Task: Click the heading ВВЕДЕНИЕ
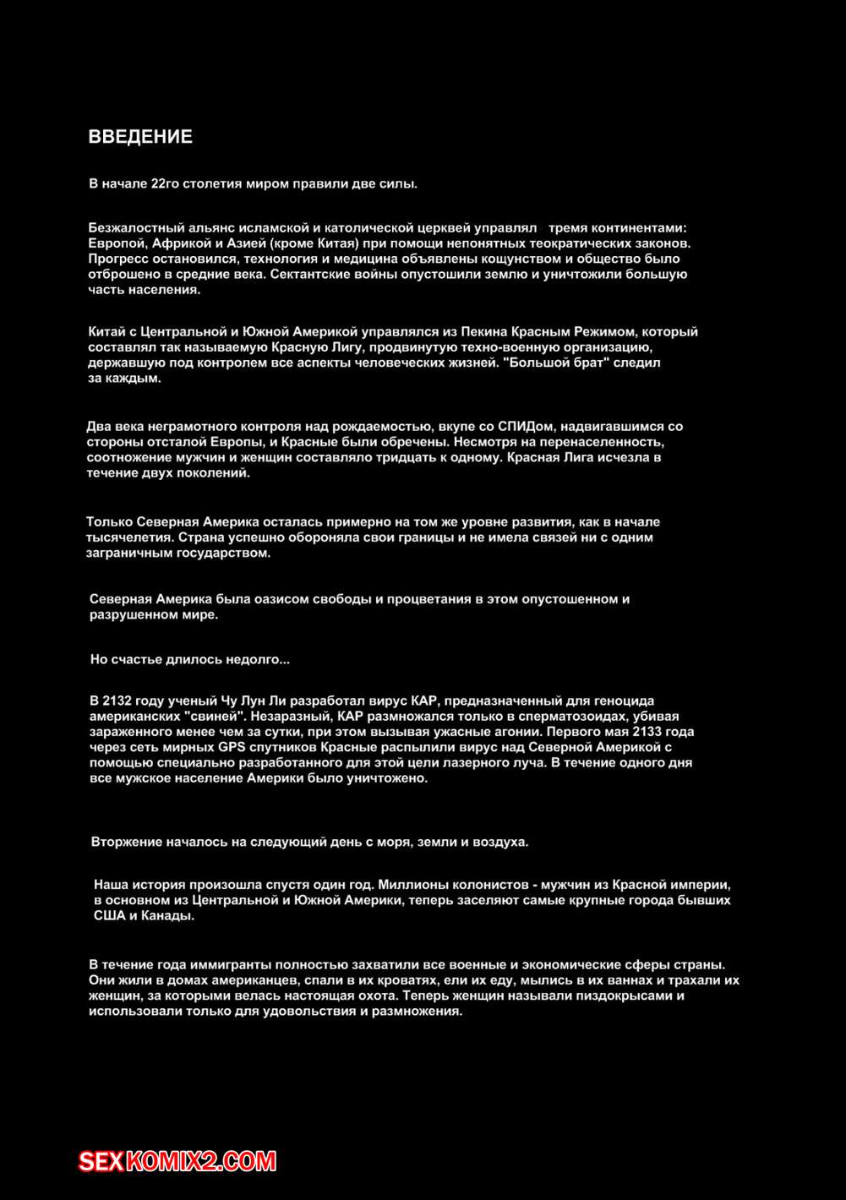[x=140, y=137]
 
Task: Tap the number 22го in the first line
[x=165, y=183]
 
